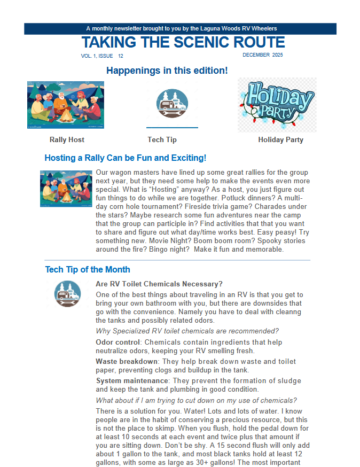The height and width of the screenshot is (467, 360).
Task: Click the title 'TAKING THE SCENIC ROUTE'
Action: pos(183,42)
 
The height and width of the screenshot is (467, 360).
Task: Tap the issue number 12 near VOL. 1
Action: pos(121,56)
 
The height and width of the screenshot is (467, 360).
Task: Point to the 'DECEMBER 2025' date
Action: pos(263,55)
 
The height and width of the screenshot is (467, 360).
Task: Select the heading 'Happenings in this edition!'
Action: pos(167,71)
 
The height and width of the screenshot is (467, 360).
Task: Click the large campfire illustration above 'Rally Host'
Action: pos(65,105)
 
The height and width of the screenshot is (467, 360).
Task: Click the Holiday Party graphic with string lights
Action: pos(277,105)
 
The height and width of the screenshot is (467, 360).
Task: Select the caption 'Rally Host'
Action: pos(67,140)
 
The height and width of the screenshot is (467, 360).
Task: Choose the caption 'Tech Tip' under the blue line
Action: pos(162,140)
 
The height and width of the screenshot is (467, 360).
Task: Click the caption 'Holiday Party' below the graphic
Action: pos(280,140)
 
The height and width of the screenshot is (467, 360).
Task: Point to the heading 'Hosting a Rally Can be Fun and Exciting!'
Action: pos(125,158)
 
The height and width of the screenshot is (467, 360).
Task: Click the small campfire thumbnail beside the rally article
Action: pos(66,189)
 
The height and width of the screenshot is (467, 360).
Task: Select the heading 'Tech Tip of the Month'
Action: pos(88,270)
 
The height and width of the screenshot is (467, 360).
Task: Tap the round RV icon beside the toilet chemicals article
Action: pos(67,294)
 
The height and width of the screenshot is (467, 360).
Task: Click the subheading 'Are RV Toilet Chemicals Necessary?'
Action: pos(159,284)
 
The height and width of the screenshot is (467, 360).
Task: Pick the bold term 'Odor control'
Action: pos(118,342)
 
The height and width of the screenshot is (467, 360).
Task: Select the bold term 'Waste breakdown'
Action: pos(127,362)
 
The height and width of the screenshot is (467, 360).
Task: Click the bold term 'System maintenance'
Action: pos(132,381)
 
